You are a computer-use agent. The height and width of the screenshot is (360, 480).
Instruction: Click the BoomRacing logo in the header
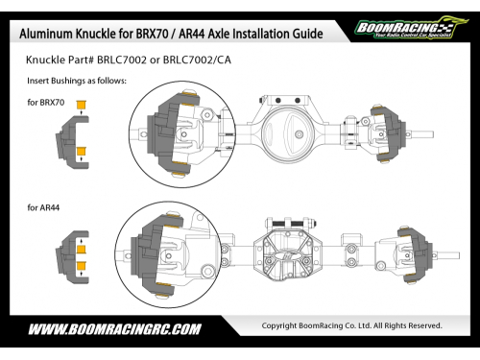(x=411, y=28)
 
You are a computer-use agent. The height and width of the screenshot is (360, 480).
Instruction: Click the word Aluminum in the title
(x=46, y=34)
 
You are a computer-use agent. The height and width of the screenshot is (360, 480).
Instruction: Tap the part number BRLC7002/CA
(x=197, y=60)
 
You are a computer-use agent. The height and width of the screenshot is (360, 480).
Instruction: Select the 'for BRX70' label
(x=46, y=103)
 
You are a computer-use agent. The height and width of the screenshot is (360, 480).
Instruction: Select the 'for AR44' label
(x=43, y=207)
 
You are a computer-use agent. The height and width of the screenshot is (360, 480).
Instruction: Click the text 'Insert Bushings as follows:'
(x=77, y=81)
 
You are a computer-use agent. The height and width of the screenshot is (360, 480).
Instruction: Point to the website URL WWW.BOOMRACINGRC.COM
(x=115, y=329)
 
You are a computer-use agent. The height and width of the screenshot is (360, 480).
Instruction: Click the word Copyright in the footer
(x=279, y=325)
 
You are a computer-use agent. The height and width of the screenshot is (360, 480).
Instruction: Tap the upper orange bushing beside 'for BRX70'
(x=82, y=105)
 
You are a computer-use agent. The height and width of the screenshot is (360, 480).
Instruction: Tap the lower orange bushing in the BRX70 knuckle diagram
(x=82, y=151)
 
